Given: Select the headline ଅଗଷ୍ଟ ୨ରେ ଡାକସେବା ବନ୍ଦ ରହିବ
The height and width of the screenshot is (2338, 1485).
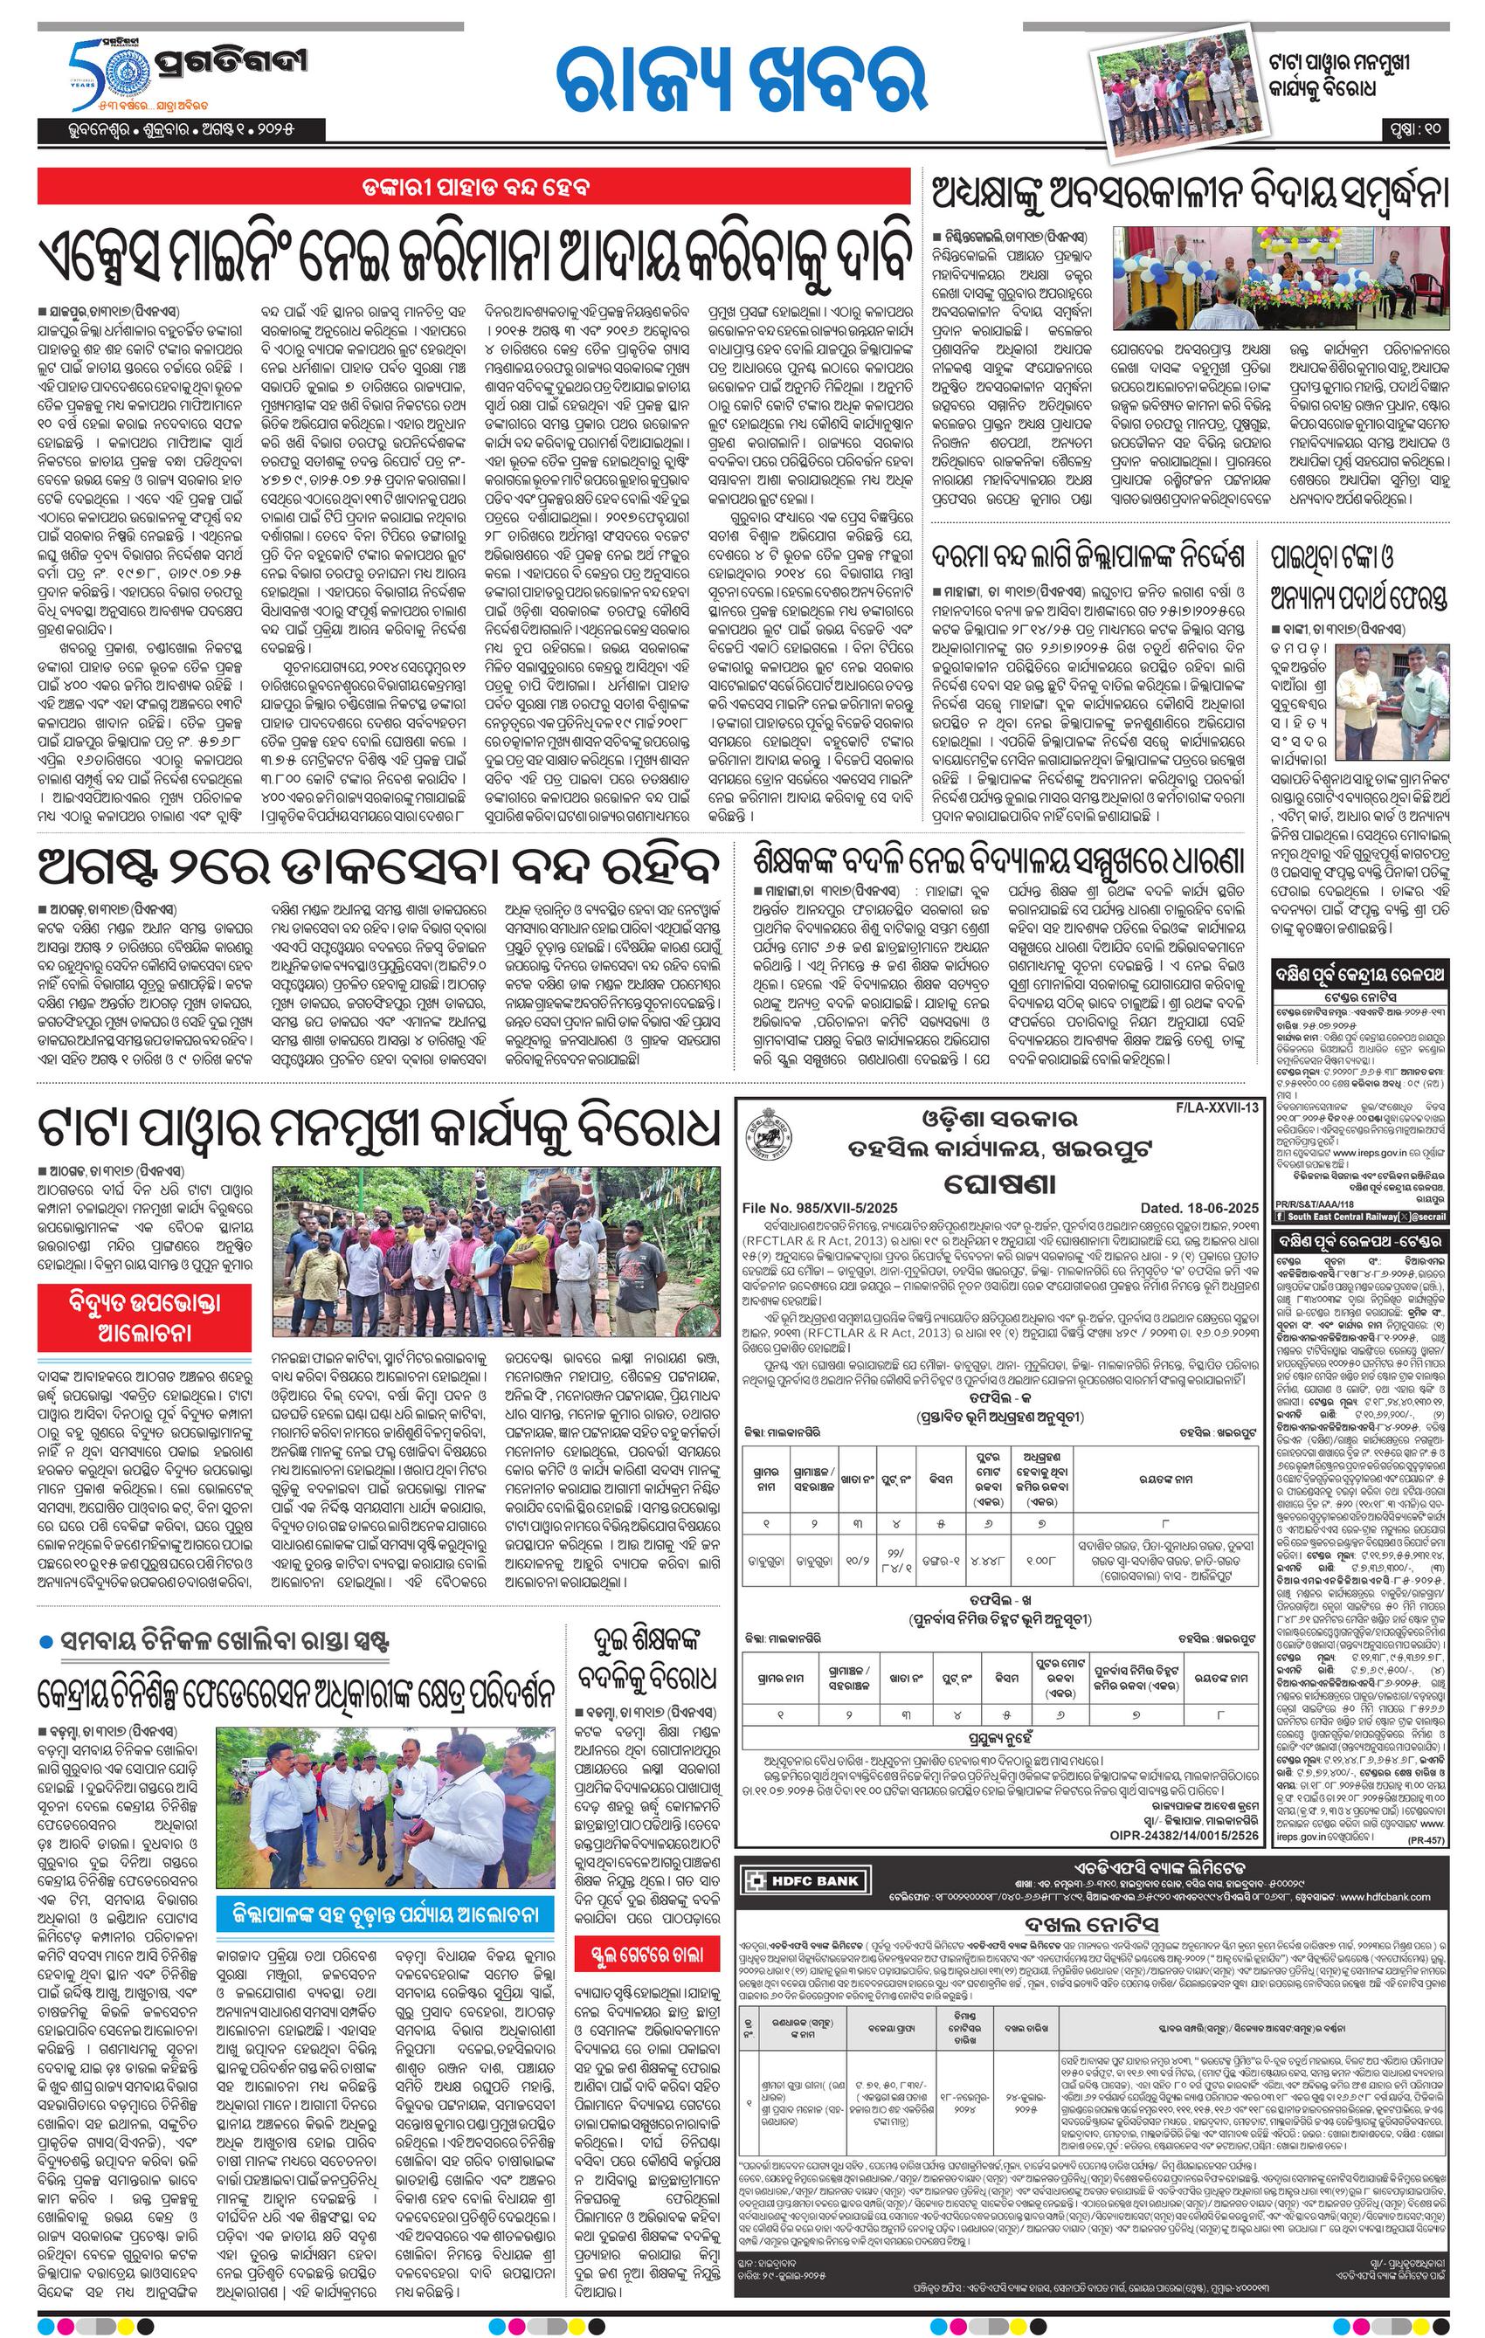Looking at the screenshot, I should tap(379, 866).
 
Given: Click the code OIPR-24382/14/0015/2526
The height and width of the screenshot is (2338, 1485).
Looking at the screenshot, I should tap(1184, 1836).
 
